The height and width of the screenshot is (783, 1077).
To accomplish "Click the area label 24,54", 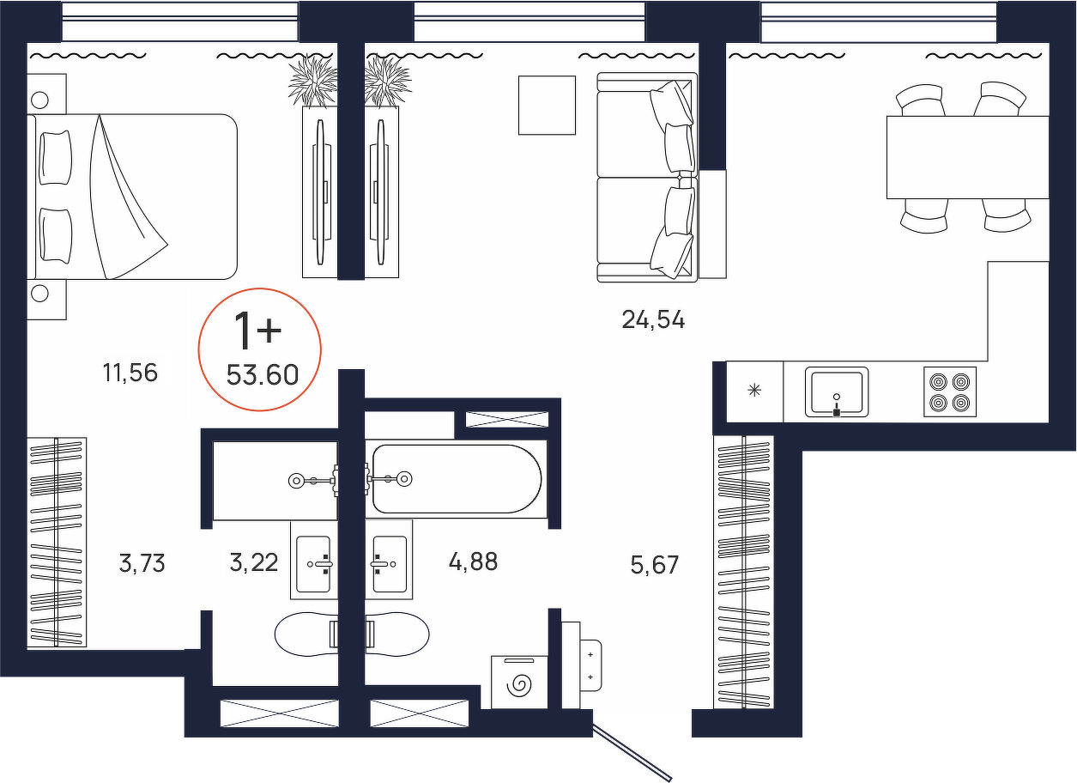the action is point(653,320).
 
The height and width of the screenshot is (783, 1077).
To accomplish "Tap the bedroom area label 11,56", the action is point(130,373).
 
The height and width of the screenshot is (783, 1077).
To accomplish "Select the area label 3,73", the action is point(142,563).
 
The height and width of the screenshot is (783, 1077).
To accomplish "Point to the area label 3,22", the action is point(254,562).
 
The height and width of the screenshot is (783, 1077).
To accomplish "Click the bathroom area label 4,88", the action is point(473,561).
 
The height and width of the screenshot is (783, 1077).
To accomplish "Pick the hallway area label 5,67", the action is point(655,565).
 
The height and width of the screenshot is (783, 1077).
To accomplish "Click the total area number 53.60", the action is point(263,375).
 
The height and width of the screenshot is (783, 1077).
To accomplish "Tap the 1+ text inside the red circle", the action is point(257,331).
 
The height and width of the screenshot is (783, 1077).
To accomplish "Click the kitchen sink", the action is point(837,391).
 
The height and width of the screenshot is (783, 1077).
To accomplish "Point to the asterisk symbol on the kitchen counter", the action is point(754,390).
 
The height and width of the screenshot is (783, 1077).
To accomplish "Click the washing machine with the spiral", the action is point(519,683).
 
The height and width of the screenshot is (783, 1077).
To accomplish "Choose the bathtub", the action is point(457,479).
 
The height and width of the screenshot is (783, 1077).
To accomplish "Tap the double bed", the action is point(132,197).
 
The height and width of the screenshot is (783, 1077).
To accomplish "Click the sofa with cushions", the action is point(647,177).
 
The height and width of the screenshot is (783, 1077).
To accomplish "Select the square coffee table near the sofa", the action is point(547,106).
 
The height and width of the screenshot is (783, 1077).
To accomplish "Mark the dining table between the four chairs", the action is point(967,157).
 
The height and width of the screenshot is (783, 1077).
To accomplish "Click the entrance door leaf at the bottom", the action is point(632,753).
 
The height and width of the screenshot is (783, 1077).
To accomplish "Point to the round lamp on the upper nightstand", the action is point(39,100).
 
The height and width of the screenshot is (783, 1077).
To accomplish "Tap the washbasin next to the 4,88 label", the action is point(389,560).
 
